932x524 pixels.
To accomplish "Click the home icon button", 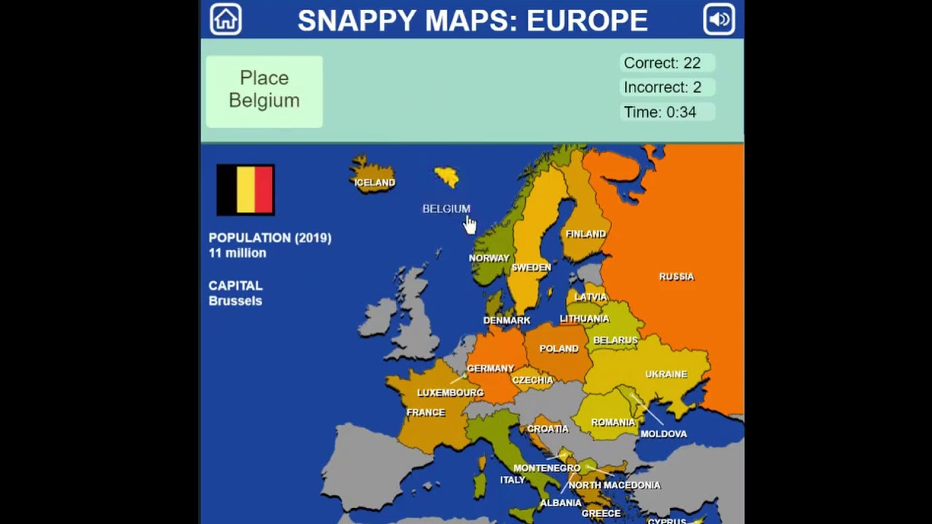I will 226,20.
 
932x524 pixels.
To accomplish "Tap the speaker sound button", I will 719,20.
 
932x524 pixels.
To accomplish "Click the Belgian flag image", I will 245,189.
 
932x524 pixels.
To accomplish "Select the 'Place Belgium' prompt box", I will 264,90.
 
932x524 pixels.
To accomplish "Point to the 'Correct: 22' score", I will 662,63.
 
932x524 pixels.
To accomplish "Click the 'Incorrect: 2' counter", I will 662,87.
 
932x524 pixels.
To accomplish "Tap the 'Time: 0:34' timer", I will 660,112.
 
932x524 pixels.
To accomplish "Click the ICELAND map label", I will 374,183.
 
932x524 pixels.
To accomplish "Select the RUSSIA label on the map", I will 676,277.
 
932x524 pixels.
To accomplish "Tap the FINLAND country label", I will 585,234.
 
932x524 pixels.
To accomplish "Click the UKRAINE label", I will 666,374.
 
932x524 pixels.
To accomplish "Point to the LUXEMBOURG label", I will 450,393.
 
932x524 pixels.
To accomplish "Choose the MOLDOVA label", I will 663,434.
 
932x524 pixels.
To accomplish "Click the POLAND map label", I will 559,349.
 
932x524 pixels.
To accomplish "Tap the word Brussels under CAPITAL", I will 235,301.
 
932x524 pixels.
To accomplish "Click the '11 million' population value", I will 237,253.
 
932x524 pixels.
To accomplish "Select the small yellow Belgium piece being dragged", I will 447,176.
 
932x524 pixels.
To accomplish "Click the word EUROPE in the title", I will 587,20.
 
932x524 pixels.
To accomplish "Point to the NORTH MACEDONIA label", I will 615,485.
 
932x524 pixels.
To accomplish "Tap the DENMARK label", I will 507,320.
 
